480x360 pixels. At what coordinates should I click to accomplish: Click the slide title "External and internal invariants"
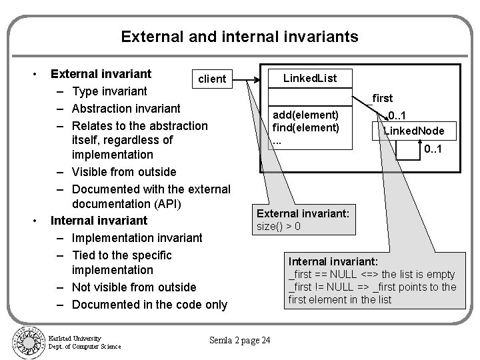point(239,36)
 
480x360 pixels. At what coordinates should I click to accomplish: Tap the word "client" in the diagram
point(213,79)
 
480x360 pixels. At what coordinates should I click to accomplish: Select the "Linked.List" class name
point(310,78)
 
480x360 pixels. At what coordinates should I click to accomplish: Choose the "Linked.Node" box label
point(418,131)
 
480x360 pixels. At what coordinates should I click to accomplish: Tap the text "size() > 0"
point(279,226)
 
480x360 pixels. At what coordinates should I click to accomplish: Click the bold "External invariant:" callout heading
point(307,213)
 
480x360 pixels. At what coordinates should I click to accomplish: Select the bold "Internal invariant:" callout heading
point(333,261)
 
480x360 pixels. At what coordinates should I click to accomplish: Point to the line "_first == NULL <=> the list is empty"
point(371,274)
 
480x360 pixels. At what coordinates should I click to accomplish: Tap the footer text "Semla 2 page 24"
point(240,341)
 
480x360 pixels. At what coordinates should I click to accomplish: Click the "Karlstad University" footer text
point(75,337)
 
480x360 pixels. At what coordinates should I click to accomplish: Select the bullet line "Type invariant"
point(109,91)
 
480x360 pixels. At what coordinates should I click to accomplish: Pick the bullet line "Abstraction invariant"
point(126,108)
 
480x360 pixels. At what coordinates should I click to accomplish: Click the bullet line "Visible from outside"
point(124,172)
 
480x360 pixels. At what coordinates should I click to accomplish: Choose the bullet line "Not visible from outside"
point(134,287)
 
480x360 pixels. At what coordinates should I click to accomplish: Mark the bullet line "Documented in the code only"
point(149,305)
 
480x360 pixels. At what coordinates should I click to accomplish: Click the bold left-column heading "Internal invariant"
point(99,220)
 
